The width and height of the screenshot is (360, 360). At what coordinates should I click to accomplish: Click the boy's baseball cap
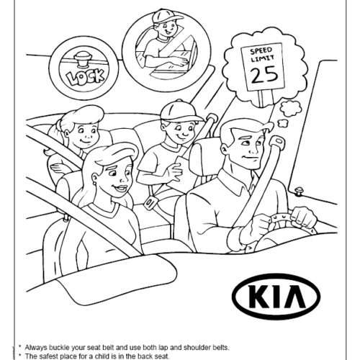tap(174, 109)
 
